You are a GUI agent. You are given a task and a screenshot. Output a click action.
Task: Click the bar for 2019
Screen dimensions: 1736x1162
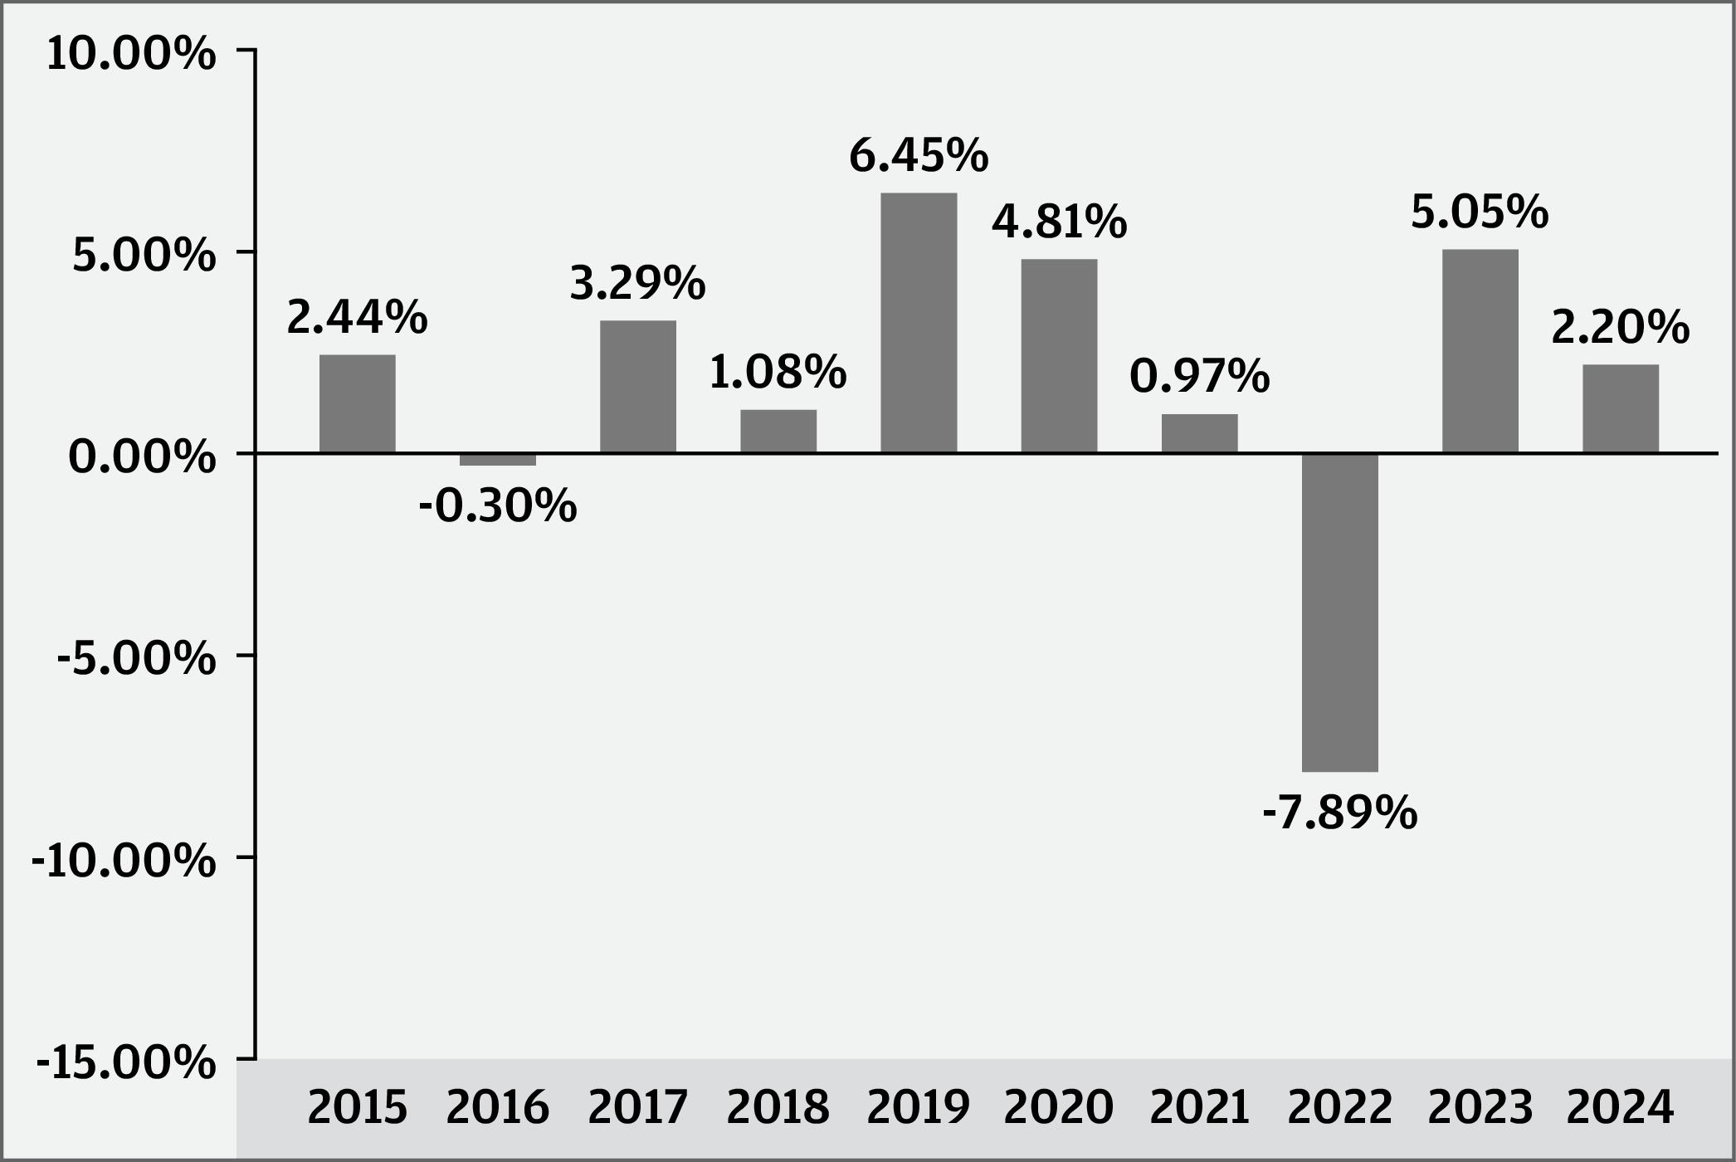919,323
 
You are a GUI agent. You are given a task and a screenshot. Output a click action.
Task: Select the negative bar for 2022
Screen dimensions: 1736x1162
1340,613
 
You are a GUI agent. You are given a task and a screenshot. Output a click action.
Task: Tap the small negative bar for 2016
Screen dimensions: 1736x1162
498,459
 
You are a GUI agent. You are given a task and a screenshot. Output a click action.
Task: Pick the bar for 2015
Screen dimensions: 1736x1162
358,403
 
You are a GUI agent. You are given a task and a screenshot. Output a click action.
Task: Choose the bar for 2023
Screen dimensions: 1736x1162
1480,351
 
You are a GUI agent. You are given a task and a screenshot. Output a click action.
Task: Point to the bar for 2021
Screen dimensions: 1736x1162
1200,433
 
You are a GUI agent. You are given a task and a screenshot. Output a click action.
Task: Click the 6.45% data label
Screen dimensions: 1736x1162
919,156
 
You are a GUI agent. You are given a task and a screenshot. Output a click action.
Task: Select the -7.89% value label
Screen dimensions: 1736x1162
1340,813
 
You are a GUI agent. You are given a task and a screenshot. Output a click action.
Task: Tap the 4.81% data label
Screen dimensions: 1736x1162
1060,222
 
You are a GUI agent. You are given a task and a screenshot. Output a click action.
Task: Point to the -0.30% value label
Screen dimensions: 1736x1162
498,506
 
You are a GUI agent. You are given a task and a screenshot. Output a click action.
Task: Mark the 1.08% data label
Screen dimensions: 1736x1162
778,373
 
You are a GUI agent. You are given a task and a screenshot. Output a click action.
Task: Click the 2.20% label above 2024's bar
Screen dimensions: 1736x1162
1621,328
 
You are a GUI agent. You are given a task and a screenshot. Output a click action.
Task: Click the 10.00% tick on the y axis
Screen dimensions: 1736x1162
131,55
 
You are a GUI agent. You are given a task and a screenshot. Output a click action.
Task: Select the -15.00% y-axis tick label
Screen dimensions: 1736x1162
126,1063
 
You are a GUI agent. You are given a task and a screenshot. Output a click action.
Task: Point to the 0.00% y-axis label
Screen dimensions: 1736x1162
143,458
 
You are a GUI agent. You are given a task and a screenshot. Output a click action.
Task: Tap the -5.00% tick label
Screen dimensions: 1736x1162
137,660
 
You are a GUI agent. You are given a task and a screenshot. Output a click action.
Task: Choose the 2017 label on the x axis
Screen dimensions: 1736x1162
638,1107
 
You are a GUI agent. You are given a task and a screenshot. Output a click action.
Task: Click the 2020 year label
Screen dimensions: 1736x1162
1059,1107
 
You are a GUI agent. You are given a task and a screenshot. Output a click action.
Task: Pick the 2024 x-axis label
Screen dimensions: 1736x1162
1621,1107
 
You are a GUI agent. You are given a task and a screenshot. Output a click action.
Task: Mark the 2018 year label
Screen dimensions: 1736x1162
778,1107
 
